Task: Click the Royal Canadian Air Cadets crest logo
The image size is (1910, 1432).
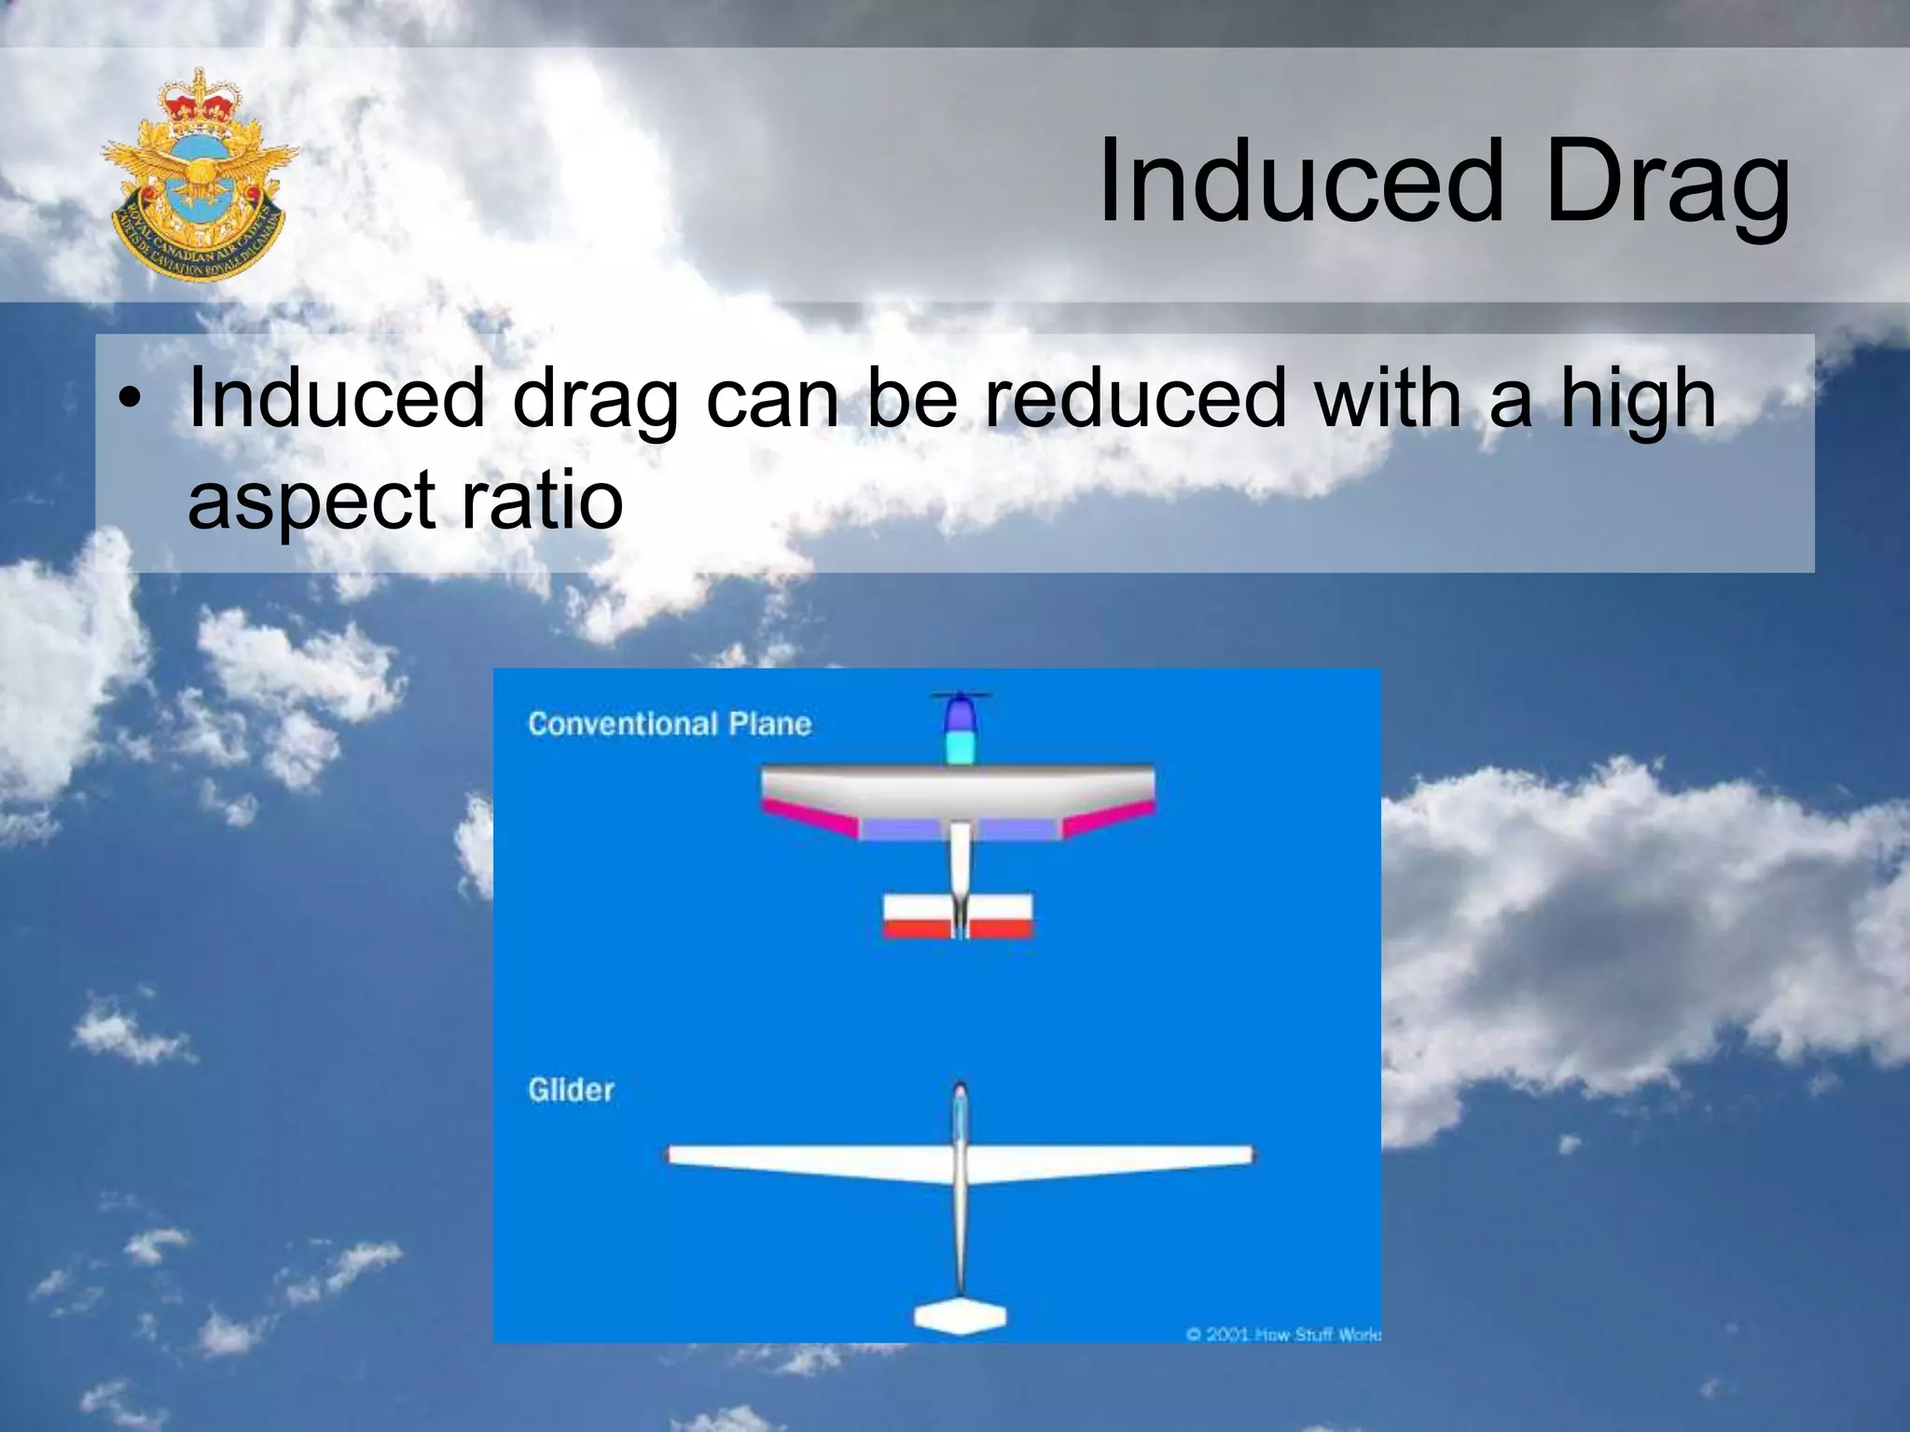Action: point(199,174)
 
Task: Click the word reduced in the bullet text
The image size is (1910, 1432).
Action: point(1135,398)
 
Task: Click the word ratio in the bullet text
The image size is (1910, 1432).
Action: point(542,499)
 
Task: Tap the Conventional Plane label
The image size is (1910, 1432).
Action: point(669,724)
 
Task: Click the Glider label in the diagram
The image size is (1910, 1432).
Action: point(571,1090)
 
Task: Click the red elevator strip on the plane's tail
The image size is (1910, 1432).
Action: point(958,929)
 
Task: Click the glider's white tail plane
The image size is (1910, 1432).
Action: point(960,1315)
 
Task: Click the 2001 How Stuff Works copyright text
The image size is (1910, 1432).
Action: point(1282,1334)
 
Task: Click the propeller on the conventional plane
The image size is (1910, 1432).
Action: point(961,695)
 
